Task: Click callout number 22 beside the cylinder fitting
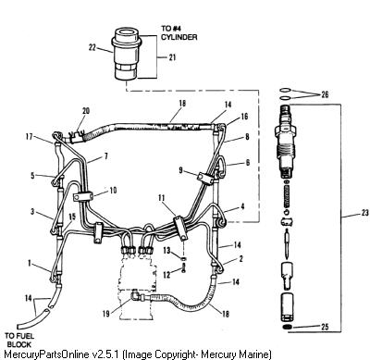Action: pyautogui.click(x=92, y=48)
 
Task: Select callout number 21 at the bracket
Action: pyautogui.click(x=172, y=57)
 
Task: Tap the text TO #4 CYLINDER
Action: pyautogui.click(x=179, y=32)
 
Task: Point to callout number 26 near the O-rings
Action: pyautogui.click(x=325, y=94)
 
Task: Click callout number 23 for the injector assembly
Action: pyautogui.click(x=364, y=213)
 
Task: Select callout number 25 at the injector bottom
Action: pyautogui.click(x=325, y=327)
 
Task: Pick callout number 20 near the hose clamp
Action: pyautogui.click(x=86, y=110)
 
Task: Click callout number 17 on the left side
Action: pyautogui.click(x=29, y=136)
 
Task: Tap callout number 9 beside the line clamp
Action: pyautogui.click(x=180, y=170)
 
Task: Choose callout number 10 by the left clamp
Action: pyautogui.click(x=113, y=190)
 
